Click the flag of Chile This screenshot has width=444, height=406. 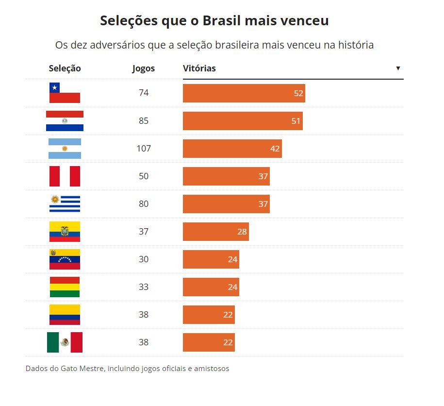point(65,93)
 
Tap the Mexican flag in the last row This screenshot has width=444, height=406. point(65,342)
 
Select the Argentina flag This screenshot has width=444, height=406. point(65,149)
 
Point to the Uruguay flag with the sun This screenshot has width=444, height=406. point(65,204)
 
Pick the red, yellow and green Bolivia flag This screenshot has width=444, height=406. point(65,287)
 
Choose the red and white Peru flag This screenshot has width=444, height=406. point(65,176)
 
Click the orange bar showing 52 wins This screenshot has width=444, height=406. point(244,93)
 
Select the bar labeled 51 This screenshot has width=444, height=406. point(243,121)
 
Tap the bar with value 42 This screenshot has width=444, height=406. point(232,149)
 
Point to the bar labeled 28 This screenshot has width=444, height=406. point(215,232)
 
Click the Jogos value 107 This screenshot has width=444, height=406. point(144,149)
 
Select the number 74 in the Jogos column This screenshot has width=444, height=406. point(144,93)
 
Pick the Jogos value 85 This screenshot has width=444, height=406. point(144,121)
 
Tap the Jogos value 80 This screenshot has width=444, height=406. point(144,204)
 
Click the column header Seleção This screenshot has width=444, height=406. point(65,68)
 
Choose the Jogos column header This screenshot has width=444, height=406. point(144,68)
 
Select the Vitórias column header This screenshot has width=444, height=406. point(199,68)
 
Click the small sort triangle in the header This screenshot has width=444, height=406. point(398,68)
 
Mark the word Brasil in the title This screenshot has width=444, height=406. point(221,21)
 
